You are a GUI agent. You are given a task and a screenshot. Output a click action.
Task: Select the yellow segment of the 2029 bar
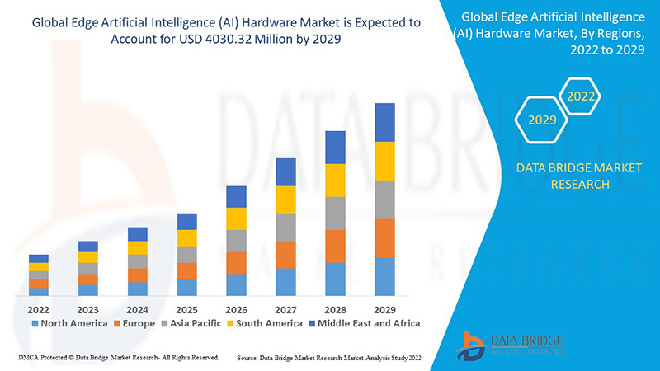click(384, 161)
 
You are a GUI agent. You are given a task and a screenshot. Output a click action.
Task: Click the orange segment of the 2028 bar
click(335, 246)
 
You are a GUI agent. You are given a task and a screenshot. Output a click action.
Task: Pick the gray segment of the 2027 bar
click(285, 227)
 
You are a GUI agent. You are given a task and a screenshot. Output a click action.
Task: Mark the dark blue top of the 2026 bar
click(236, 196)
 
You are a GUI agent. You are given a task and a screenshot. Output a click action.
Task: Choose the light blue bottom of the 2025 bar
click(186, 287)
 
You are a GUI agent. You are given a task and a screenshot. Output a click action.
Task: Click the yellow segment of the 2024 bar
click(137, 247)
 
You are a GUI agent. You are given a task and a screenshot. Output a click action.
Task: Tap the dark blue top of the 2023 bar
click(87, 246)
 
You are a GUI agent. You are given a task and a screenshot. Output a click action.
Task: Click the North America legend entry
click(69, 323)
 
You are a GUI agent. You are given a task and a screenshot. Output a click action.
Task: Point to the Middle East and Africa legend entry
click(363, 323)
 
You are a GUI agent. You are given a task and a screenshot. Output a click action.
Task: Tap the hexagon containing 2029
click(542, 120)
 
